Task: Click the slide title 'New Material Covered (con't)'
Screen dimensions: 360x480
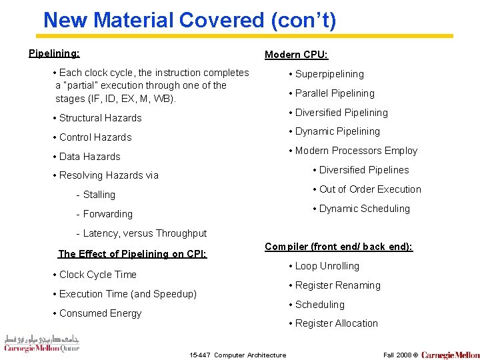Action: click(189, 20)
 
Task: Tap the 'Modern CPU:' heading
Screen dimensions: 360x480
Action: click(296, 55)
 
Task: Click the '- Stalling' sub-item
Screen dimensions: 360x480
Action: click(96, 195)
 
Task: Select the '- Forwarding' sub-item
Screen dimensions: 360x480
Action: click(105, 214)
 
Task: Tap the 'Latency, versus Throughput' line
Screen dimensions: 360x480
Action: click(142, 233)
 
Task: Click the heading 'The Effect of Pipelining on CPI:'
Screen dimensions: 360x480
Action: click(132, 254)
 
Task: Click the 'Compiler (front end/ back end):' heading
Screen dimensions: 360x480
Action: click(339, 247)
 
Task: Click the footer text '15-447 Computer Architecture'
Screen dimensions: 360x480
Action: click(238, 355)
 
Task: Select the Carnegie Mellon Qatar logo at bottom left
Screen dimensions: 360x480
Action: click(41, 343)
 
